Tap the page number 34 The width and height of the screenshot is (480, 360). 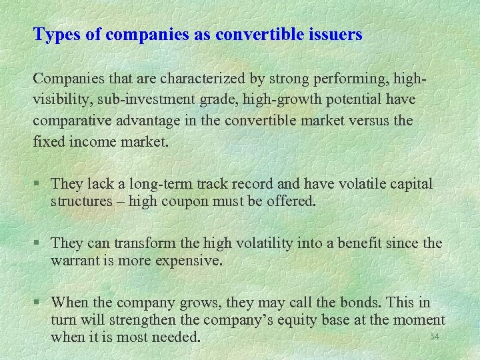pos(435,337)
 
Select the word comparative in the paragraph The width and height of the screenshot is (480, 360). pos(72,121)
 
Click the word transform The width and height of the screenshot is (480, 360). pos(145,243)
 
